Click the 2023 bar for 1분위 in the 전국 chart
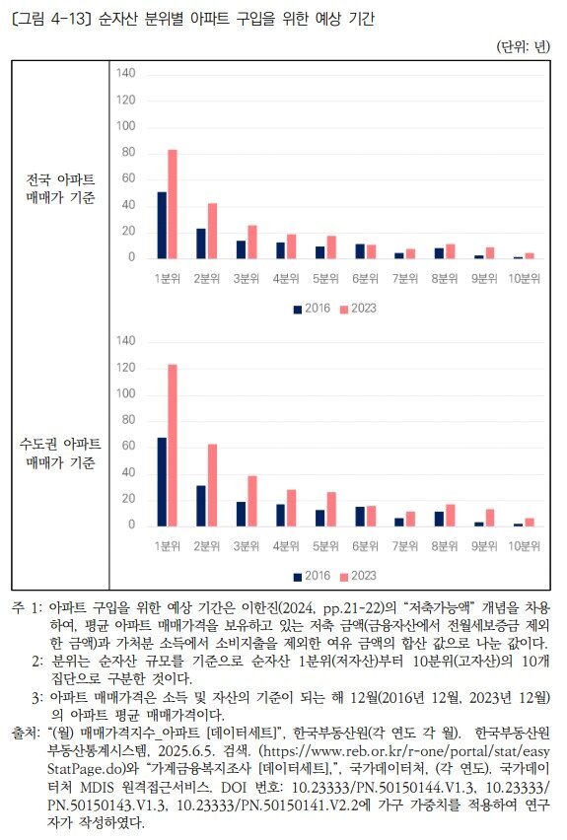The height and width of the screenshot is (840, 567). point(173,204)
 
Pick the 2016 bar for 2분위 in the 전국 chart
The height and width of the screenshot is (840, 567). point(201,244)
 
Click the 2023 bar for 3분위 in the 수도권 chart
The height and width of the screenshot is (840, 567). point(251,501)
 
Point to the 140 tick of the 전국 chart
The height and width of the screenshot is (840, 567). point(125,73)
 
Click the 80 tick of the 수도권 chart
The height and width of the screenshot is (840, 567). point(127,420)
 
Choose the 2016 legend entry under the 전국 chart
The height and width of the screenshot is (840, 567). point(312,309)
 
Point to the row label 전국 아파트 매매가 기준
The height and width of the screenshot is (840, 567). point(61,188)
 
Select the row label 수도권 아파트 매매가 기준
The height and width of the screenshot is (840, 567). point(61,455)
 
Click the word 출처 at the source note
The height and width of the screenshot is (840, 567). point(25,735)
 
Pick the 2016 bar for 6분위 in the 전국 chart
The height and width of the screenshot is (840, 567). point(360,250)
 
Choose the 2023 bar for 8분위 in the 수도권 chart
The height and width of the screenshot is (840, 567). point(451,515)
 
